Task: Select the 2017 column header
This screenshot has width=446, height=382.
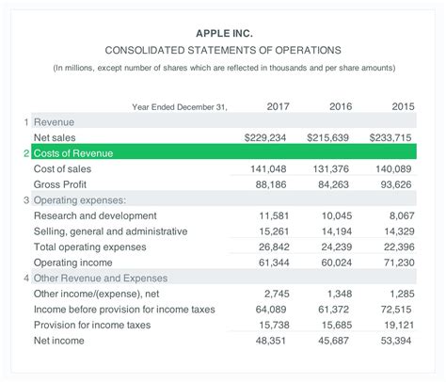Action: [278, 106]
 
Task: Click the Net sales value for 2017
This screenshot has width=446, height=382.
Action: [264, 137]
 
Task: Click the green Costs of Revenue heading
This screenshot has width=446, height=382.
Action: [73, 152]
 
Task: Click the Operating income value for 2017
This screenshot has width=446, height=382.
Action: [272, 263]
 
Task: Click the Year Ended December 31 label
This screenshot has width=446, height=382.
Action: [180, 107]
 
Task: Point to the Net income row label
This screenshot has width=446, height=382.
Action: [61, 341]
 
